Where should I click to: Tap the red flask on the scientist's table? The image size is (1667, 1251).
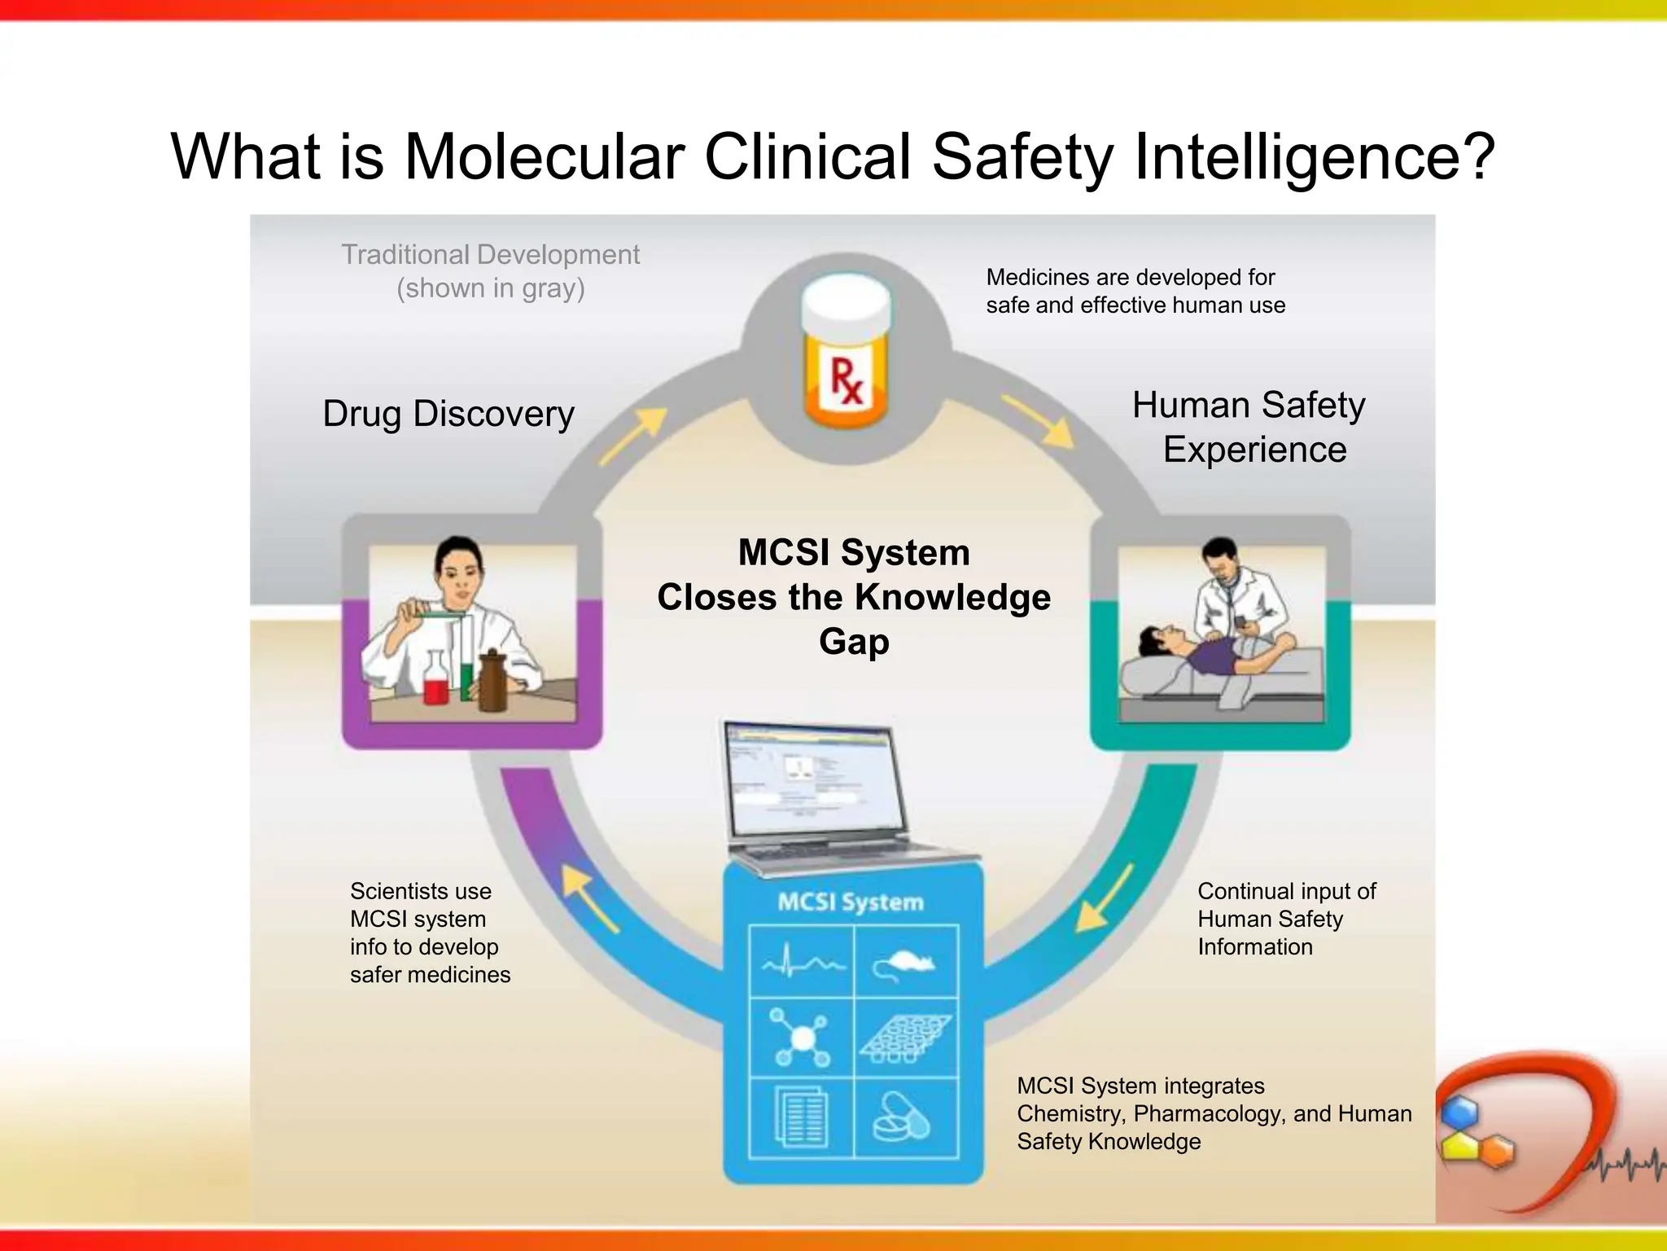[x=436, y=680]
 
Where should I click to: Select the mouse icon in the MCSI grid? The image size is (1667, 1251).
[x=905, y=964]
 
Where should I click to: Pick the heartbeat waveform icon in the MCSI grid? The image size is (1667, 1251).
[x=803, y=963]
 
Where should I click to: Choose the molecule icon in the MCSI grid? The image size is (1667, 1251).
[x=802, y=1038]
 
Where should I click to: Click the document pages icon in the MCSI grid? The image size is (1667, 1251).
[x=802, y=1117]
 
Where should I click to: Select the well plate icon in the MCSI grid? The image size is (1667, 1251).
[x=906, y=1038]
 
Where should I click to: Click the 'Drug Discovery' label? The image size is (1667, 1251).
[x=448, y=414]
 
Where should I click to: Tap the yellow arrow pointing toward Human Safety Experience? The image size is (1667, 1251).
[x=1038, y=420]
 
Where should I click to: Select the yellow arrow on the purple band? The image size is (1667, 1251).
[x=589, y=897]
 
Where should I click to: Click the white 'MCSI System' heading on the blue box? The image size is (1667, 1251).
[x=851, y=902]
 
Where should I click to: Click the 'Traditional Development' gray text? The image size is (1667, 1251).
[x=490, y=255]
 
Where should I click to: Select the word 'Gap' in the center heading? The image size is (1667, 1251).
[x=854, y=642]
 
